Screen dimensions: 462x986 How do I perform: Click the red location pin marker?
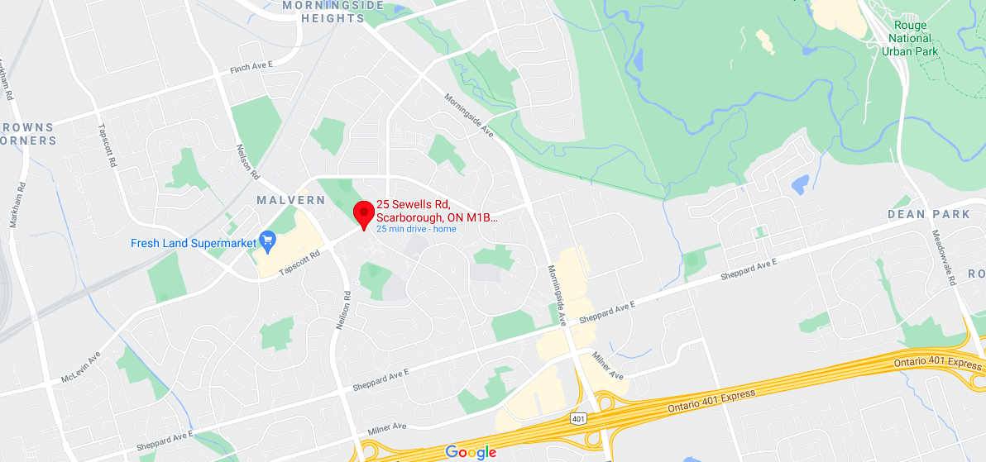363,212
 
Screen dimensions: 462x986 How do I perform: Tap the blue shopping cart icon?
267,241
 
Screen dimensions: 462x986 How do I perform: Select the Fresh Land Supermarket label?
194,243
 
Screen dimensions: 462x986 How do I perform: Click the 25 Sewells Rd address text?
438,211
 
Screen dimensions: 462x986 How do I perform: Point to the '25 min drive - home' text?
416,229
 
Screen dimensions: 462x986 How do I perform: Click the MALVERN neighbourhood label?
290,201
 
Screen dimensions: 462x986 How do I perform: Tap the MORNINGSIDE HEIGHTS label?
333,12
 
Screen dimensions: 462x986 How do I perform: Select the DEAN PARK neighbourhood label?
929,214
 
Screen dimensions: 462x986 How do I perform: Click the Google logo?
471,451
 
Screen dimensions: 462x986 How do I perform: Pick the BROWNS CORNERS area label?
29,134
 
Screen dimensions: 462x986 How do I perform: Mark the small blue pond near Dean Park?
800,184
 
